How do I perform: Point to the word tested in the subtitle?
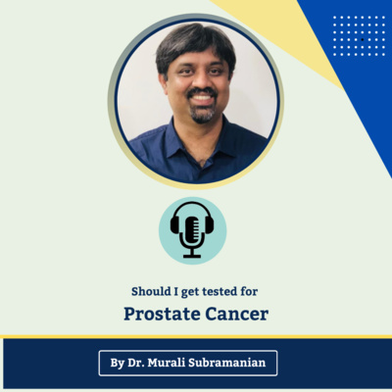pyautogui.click(x=220, y=291)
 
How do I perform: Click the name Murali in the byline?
pyautogui.click(x=171, y=364)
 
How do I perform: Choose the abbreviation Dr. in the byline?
pyautogui.click(x=138, y=364)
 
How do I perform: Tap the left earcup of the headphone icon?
pyautogui.click(x=174, y=225)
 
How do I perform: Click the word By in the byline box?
pyautogui.click(x=118, y=364)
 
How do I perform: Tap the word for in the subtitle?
pyautogui.click(x=251, y=291)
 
